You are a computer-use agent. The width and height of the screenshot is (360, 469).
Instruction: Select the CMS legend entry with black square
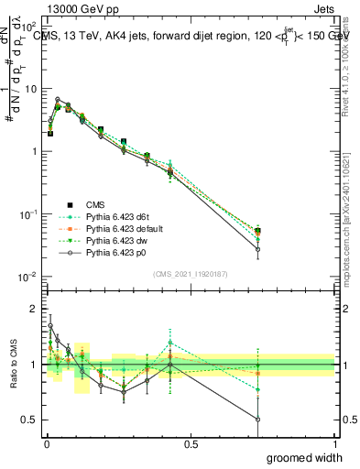point(95,205)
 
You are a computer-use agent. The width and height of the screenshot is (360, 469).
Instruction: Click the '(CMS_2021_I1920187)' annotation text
point(190,273)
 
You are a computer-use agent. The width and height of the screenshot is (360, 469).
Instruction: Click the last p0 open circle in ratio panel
point(257,420)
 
